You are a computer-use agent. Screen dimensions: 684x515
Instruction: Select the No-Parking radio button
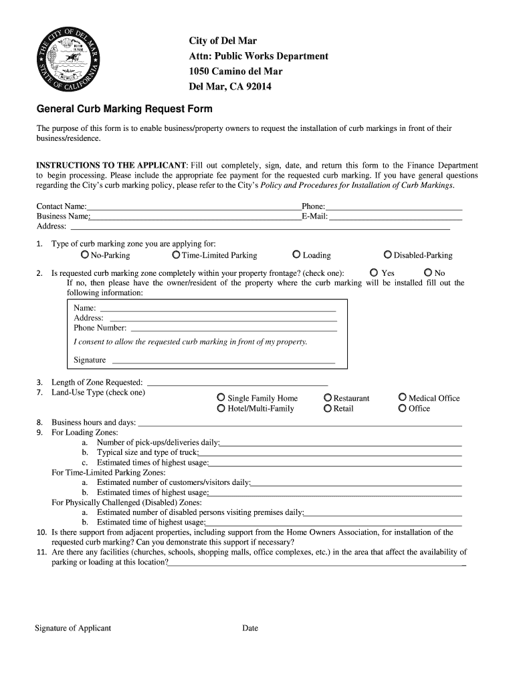[85, 254]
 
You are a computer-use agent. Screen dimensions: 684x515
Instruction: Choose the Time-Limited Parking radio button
[176, 254]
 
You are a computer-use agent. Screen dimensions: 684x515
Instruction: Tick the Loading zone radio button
[296, 254]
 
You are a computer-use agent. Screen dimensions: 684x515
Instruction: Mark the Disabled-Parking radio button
[388, 254]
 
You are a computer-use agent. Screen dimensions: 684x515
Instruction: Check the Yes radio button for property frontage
[373, 273]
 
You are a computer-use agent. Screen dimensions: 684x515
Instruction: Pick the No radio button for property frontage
[428, 273]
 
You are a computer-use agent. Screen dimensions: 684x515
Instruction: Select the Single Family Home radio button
[221, 397]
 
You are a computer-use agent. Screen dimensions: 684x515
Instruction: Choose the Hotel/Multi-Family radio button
[221, 408]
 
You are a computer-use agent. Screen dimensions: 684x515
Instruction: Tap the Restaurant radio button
[328, 397]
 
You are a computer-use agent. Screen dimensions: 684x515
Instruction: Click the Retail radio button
[328, 408]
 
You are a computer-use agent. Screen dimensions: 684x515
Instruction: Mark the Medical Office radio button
[403, 397]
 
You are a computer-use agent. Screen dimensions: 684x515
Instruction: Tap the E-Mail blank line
[395, 217]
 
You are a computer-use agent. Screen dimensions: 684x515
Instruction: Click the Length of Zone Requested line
[237, 383]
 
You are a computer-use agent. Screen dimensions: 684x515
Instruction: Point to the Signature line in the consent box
[223, 361]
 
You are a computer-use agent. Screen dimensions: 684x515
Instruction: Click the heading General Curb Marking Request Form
[124, 109]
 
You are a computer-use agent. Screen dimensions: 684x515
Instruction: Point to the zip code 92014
[257, 87]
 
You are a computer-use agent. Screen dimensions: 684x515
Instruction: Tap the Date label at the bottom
[250, 628]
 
